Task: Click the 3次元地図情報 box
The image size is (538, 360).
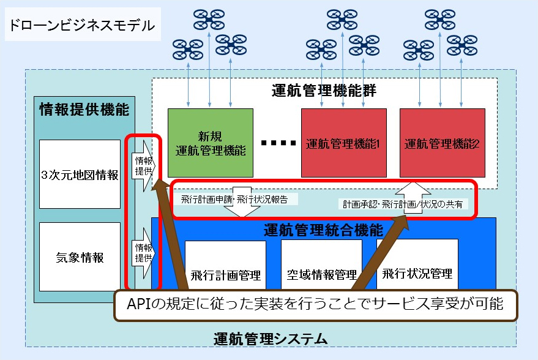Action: [80, 174]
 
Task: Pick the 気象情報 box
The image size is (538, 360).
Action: [80, 257]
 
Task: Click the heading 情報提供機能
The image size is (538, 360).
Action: [84, 110]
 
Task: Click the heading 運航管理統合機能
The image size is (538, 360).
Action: [324, 231]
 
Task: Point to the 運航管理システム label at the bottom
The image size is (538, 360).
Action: [271, 338]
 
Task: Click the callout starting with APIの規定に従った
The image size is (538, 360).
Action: [316, 304]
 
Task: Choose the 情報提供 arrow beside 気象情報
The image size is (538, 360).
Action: [144, 252]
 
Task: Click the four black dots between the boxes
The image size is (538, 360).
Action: [277, 143]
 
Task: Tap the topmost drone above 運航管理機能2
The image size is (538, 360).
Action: [439, 19]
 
